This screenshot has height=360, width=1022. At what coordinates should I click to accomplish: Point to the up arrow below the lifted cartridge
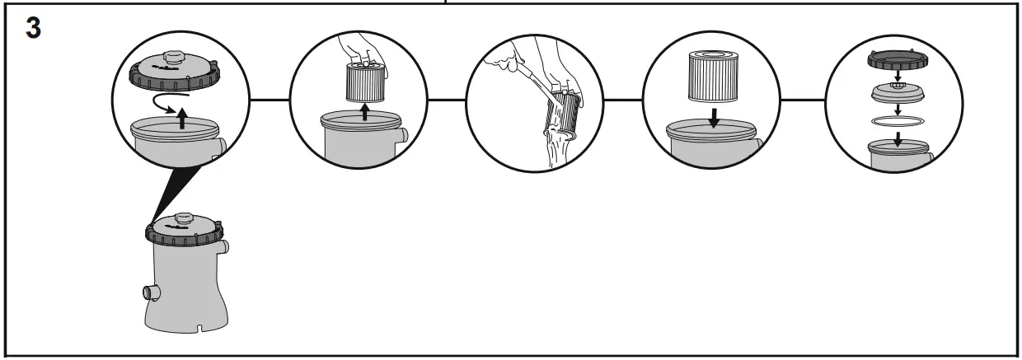(364, 111)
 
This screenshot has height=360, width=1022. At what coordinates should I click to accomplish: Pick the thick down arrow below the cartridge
(713, 118)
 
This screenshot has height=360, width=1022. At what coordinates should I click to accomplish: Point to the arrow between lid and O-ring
(898, 108)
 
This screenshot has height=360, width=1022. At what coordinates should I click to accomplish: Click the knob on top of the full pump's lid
(183, 217)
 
